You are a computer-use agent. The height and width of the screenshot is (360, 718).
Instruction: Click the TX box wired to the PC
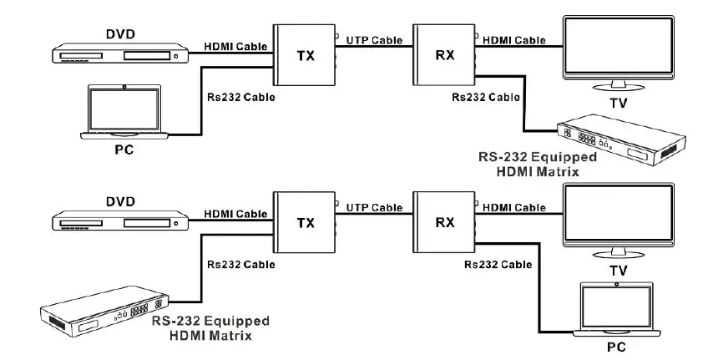click(305, 55)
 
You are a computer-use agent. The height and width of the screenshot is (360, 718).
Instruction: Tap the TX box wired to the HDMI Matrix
click(305, 223)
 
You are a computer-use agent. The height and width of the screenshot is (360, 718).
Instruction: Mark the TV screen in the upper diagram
click(619, 48)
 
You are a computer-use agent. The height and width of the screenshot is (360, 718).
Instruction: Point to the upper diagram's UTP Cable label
click(373, 39)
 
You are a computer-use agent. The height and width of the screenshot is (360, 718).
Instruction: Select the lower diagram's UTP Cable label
click(373, 207)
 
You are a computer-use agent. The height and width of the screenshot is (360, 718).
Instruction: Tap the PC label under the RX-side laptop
click(615, 346)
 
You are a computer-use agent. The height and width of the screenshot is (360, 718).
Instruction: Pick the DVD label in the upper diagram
click(119, 33)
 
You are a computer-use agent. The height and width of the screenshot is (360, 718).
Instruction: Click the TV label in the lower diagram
click(619, 271)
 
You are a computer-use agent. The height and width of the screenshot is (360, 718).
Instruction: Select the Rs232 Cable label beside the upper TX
click(240, 97)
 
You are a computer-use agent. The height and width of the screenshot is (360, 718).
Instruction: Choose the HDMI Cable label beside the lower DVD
click(236, 214)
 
